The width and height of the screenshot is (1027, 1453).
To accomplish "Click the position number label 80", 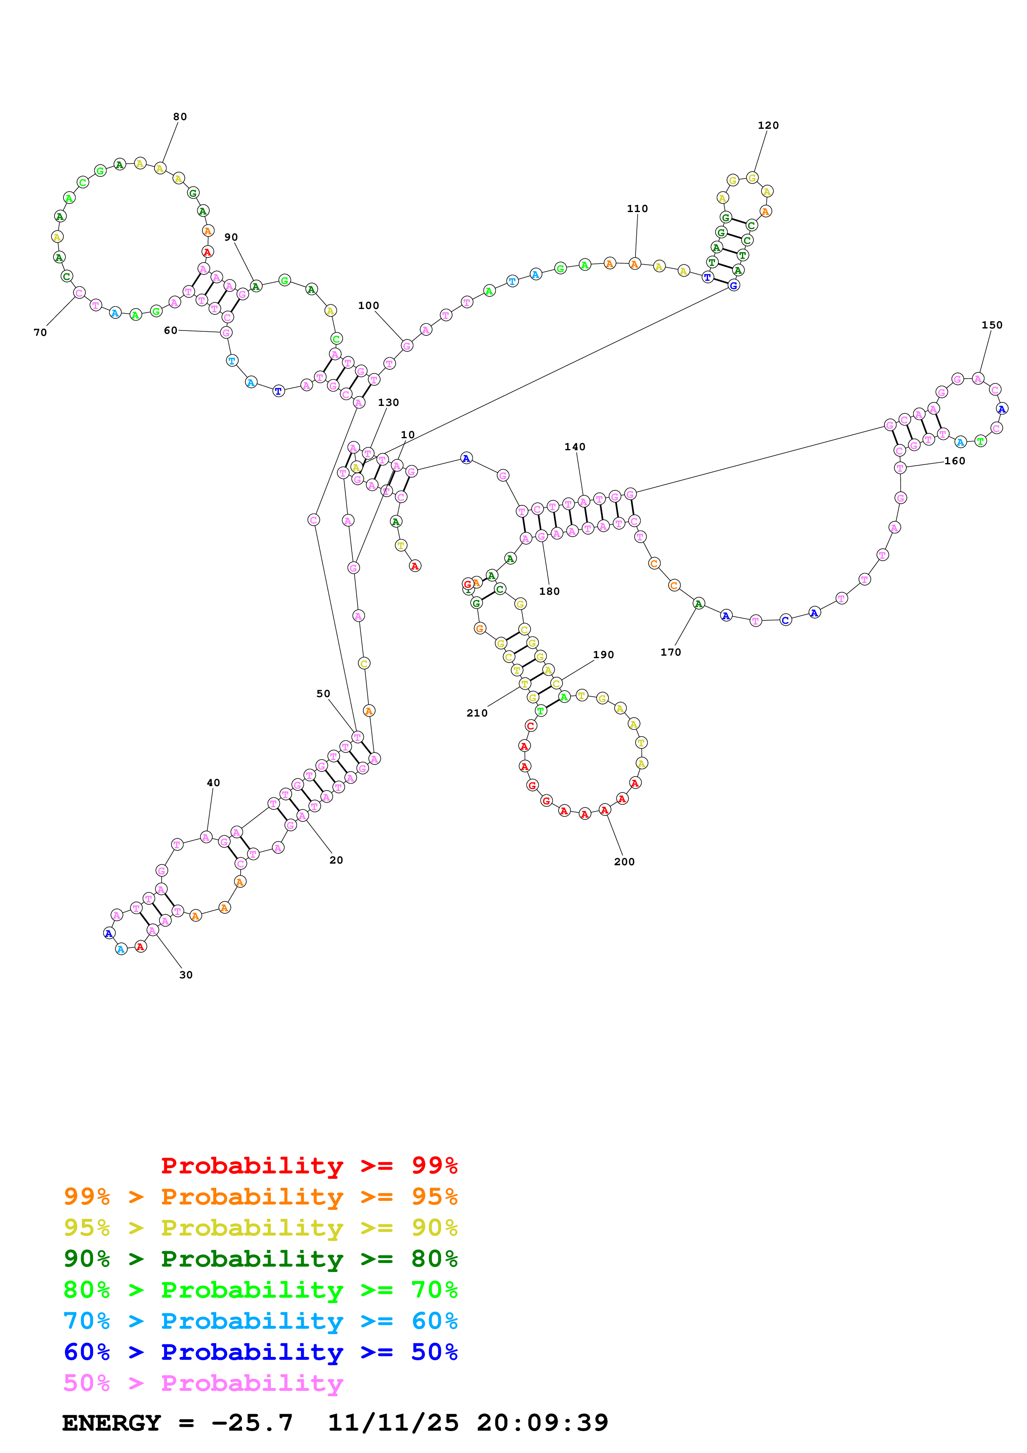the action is [180, 116].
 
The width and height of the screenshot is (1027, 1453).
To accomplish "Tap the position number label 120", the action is [768, 126].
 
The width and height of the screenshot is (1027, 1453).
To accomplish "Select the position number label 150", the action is [991, 325].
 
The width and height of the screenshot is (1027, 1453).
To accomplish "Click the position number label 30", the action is [186, 975].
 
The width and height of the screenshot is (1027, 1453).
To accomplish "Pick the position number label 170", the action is [670, 652].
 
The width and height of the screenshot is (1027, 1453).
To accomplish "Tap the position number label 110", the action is [637, 208].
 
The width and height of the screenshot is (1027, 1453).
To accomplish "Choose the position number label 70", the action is [40, 332].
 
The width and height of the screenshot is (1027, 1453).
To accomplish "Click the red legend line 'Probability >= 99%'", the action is [309, 1165].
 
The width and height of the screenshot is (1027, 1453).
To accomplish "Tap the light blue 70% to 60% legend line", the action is [260, 1321].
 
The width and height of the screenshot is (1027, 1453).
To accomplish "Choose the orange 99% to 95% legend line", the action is [260, 1196].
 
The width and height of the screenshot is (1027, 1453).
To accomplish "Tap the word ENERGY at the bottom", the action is [111, 1423].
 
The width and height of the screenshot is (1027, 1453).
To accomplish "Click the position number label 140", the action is [575, 447].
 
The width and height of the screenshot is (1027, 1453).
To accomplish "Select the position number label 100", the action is [368, 306].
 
